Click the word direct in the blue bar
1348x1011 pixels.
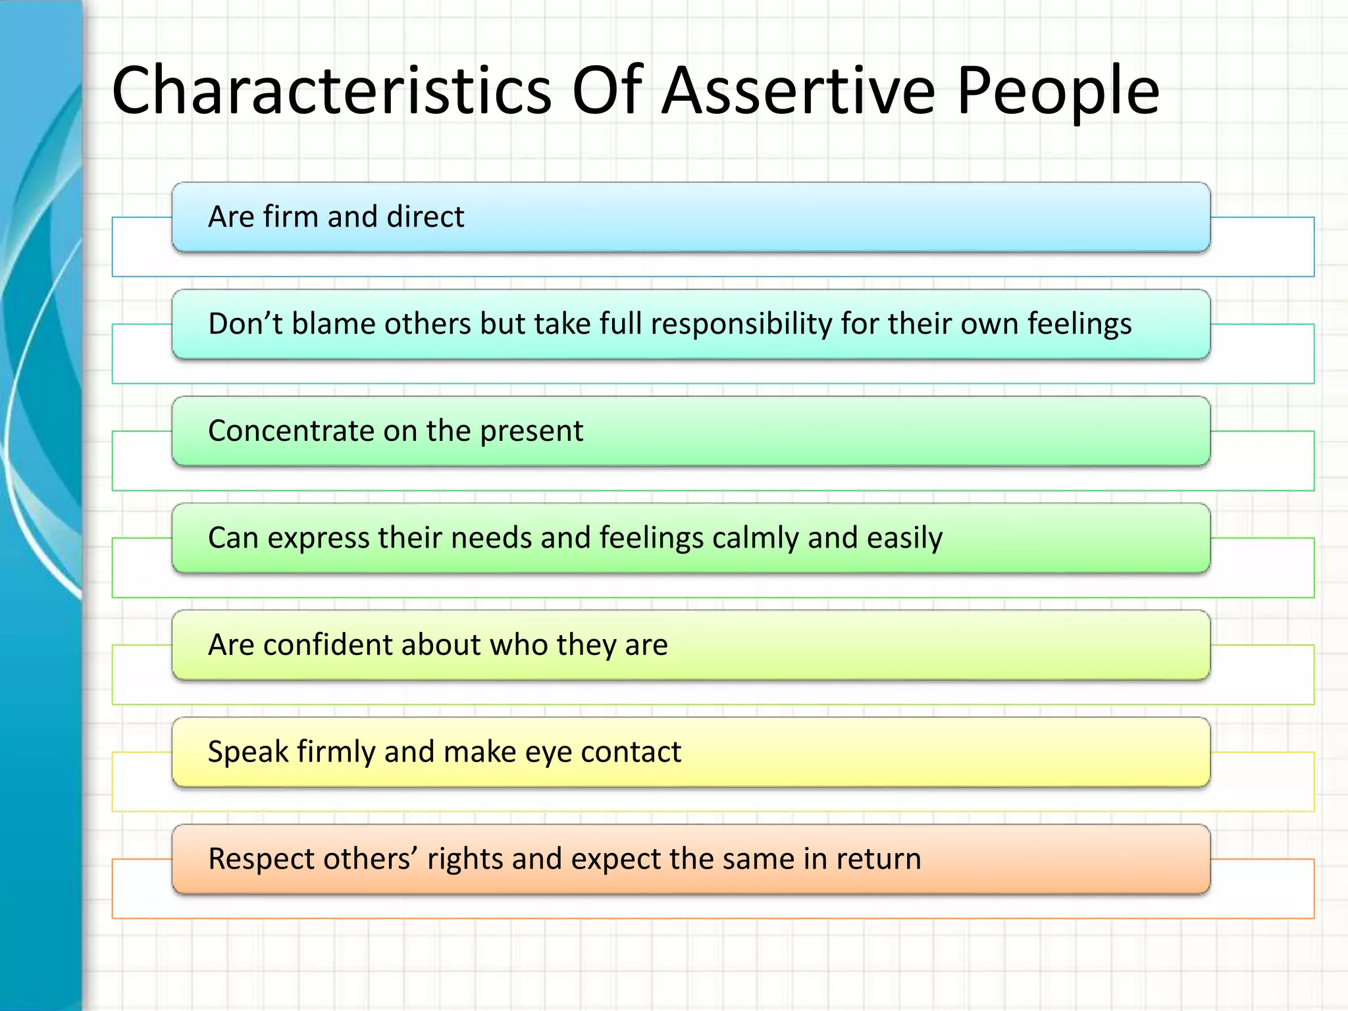click(425, 217)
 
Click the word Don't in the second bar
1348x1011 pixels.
click(245, 324)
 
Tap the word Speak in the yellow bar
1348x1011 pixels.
click(248, 752)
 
